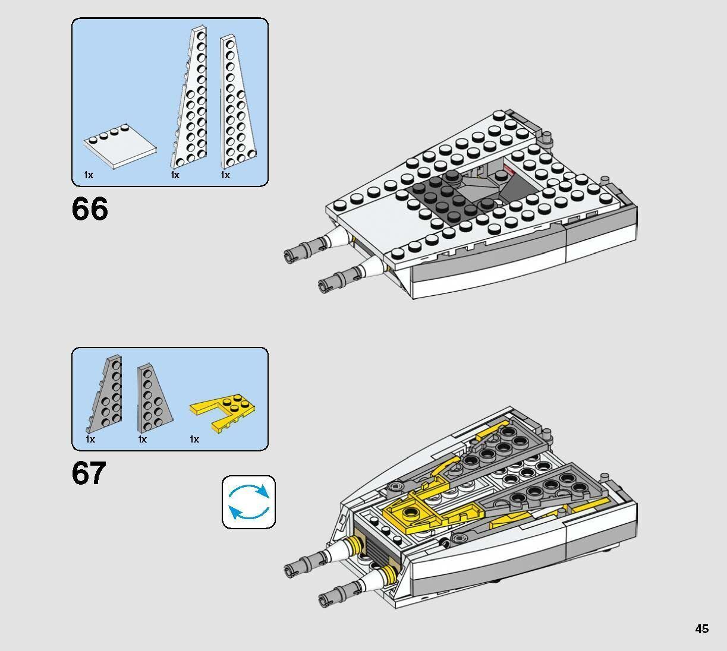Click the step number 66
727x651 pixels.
pos(90,210)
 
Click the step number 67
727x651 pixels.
pos(89,473)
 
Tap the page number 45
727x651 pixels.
pos(701,628)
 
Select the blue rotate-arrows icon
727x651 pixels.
pos(248,502)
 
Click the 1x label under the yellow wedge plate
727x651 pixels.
pos(194,439)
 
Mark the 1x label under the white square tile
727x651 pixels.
pos(89,175)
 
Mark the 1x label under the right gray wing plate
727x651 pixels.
pos(143,439)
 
